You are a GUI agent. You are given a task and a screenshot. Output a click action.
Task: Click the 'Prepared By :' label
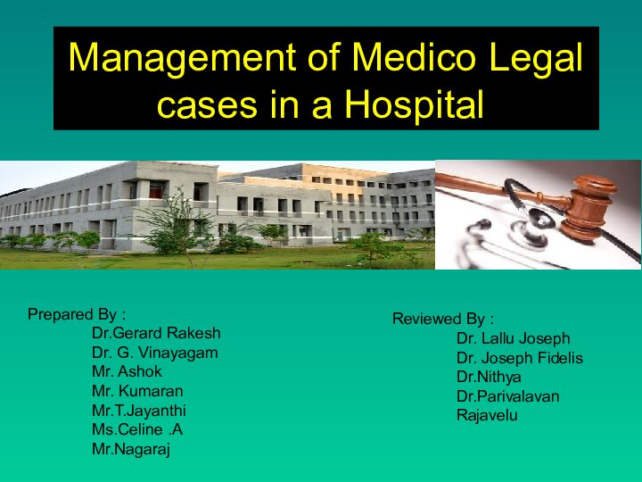77,314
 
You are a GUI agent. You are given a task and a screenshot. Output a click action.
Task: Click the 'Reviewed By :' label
443,320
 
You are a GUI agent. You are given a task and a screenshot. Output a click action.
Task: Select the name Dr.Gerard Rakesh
156,333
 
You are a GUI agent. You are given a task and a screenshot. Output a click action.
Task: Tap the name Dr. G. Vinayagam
154,353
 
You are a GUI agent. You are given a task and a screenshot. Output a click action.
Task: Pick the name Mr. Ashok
127,371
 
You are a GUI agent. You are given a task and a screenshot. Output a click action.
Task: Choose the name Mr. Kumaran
137,391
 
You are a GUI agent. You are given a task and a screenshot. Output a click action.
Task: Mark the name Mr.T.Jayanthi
139,411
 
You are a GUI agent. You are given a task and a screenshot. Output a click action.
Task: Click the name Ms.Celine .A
137,430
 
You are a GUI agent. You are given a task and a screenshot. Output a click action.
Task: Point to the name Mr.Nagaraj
131,450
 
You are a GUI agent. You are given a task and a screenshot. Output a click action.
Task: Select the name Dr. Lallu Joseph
513,339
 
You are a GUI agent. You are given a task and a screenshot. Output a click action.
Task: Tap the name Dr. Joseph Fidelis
519,358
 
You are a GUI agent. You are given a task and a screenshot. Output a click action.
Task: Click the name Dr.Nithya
489,377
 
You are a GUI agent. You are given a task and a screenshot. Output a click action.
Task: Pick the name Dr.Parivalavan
507,396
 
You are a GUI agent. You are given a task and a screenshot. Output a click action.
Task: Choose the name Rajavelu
487,415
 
